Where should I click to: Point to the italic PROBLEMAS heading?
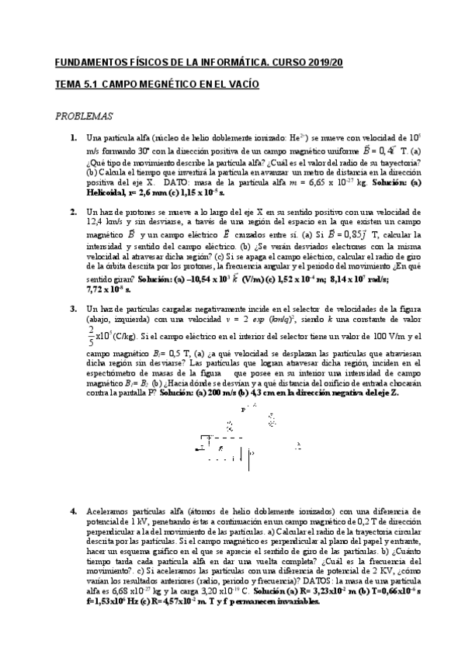click(84, 116)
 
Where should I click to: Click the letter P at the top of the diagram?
click(244, 407)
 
